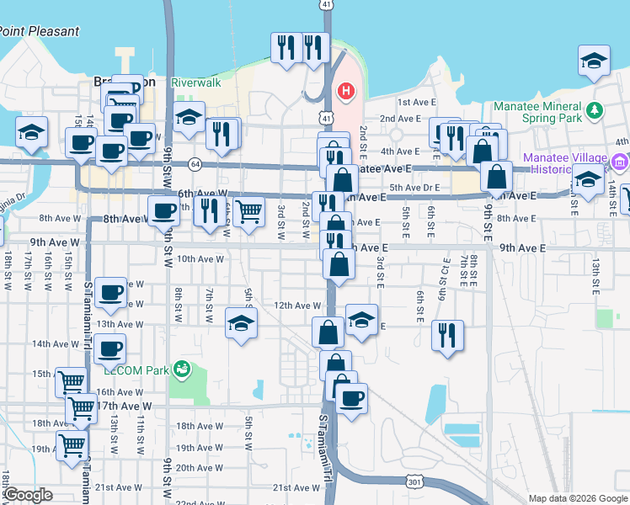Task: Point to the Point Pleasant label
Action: [x=40, y=31]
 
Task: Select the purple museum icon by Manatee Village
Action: [x=620, y=162]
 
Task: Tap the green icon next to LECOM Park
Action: [x=181, y=369]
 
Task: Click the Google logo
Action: [x=28, y=495]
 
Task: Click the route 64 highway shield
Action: [x=195, y=162]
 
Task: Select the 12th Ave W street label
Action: [x=297, y=306]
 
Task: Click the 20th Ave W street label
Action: [x=199, y=468]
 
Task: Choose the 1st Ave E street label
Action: [x=414, y=102]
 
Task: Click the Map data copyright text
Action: [x=577, y=498]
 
